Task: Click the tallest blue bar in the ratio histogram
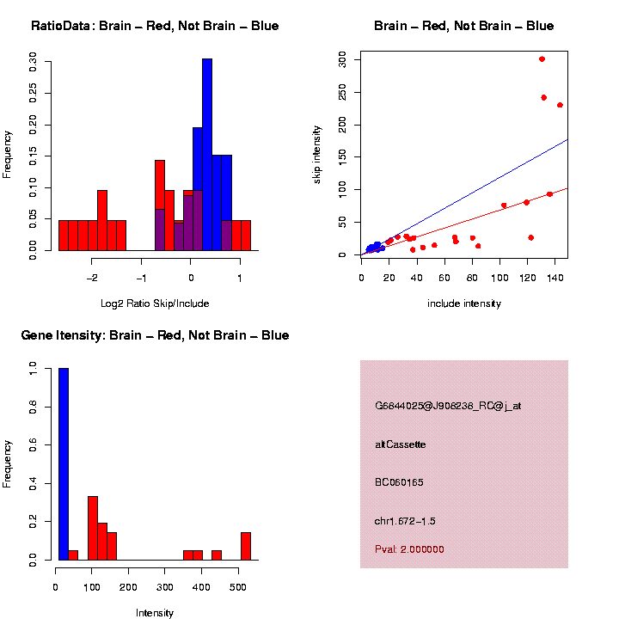pos(206,155)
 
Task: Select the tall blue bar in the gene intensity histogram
pos(64,464)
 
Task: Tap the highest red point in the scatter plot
pos(542,59)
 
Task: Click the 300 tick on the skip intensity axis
pos(342,59)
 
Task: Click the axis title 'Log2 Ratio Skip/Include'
pos(155,303)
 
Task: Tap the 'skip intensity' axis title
pos(317,153)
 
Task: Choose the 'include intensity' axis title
pos(464,303)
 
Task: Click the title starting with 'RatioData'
pos(155,26)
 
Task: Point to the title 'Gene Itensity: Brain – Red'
pos(155,335)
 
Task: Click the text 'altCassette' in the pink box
pos(400,444)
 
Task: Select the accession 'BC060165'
pos(399,482)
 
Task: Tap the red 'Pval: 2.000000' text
pos(409,549)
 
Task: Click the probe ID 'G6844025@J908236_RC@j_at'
pos(448,406)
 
